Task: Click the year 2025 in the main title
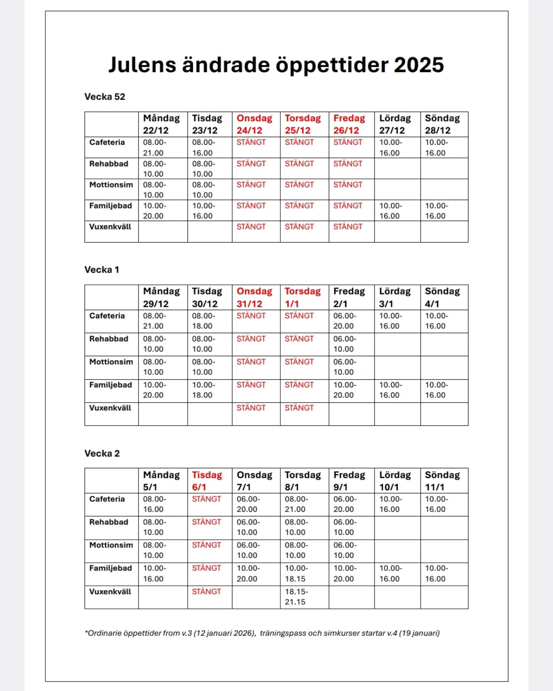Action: tap(419, 65)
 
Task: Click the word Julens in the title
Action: tap(142, 65)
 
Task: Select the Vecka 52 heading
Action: tap(105, 97)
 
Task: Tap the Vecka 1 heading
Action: tap(102, 270)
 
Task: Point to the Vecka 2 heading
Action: tap(102, 453)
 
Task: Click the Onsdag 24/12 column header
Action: tap(254, 124)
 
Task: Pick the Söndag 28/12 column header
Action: tap(442, 124)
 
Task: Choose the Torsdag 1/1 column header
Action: tap(303, 297)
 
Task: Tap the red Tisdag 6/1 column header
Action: tap(207, 481)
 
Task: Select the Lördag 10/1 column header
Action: tap(395, 481)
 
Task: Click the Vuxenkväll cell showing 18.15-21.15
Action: tap(296, 597)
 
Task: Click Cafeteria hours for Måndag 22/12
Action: tap(155, 147)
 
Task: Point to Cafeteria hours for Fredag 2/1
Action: tap(344, 321)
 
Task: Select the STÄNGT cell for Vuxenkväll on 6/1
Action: tap(207, 592)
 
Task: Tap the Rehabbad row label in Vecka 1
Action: tap(109, 339)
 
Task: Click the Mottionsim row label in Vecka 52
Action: tap(111, 185)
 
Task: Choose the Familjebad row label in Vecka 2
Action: tap(111, 568)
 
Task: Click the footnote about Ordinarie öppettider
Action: tap(262, 633)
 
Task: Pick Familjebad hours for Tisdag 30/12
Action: tap(204, 390)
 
